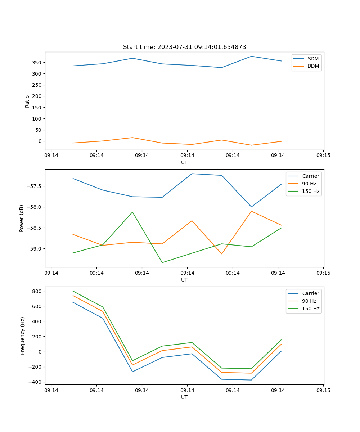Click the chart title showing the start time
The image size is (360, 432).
pos(184,47)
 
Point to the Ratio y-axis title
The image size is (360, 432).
pos(27,101)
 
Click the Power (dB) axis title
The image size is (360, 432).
pos(22,218)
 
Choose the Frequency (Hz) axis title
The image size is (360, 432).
pos(23,336)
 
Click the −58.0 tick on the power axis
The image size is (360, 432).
pos(35,207)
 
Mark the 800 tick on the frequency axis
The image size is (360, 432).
pos(37,291)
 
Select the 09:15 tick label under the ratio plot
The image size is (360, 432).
pos(323,155)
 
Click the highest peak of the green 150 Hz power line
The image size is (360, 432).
pos(132,212)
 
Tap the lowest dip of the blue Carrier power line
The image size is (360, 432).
pos(251,207)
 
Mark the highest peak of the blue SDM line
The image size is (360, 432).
pos(251,56)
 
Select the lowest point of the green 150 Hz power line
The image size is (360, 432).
pos(162,262)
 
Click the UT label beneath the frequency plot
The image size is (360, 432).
pos(184,397)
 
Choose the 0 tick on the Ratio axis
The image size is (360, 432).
pos(40,141)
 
